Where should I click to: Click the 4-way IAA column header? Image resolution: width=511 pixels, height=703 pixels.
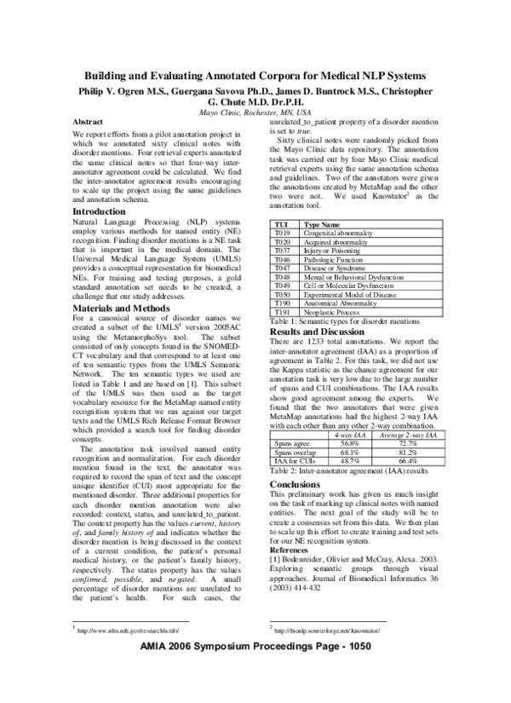coord(372,458)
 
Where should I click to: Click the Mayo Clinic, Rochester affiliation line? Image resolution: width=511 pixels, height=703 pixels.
coord(255,112)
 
